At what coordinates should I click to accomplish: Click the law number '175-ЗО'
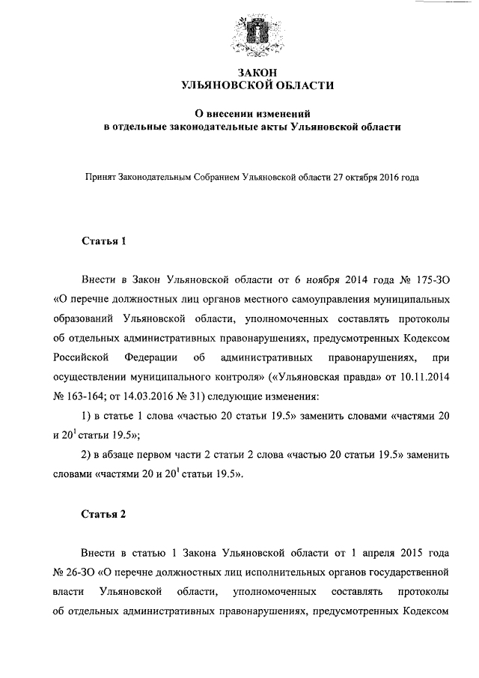click(x=428, y=280)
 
